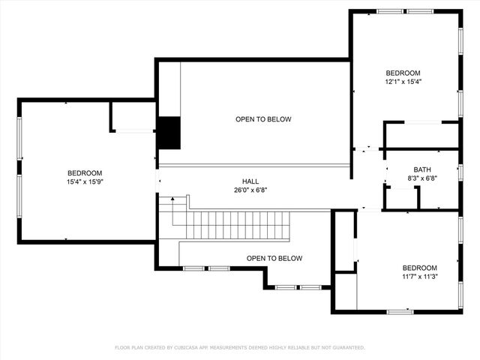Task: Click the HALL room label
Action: pos(250,181)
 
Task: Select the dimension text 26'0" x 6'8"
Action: pos(250,190)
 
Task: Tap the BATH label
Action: pos(422,169)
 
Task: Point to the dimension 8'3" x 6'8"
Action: pos(422,178)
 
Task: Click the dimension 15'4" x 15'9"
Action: pos(85,181)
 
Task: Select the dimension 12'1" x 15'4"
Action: pos(403,82)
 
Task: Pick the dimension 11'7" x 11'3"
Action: pos(419,277)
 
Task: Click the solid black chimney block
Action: pos(169,133)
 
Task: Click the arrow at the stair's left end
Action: pos(172,200)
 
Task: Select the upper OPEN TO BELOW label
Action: pos(263,119)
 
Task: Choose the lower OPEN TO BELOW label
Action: pos(274,259)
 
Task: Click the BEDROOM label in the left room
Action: pos(85,173)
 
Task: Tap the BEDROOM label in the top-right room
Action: pos(403,73)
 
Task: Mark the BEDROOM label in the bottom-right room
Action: pos(419,268)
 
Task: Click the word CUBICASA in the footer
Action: pos(190,348)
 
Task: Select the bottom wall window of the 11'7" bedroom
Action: pos(400,311)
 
